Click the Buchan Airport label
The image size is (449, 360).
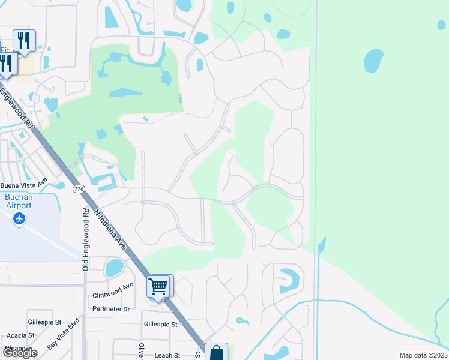tap(18, 200)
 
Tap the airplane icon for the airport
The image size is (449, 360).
tap(19, 218)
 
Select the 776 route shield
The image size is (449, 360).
tap(78, 189)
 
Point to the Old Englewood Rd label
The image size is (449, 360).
tap(86, 239)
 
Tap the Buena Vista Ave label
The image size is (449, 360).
tap(23, 184)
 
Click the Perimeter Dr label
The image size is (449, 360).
tap(111, 309)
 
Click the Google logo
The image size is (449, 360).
tap(19, 353)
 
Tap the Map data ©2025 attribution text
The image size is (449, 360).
tap(423, 355)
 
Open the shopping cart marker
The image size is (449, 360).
tap(159, 286)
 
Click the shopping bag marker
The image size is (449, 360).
tap(216, 353)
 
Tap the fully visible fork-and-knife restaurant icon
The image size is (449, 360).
tap(24, 40)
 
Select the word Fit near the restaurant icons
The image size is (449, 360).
tap(5, 50)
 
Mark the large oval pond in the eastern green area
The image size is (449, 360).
tap(373, 60)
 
